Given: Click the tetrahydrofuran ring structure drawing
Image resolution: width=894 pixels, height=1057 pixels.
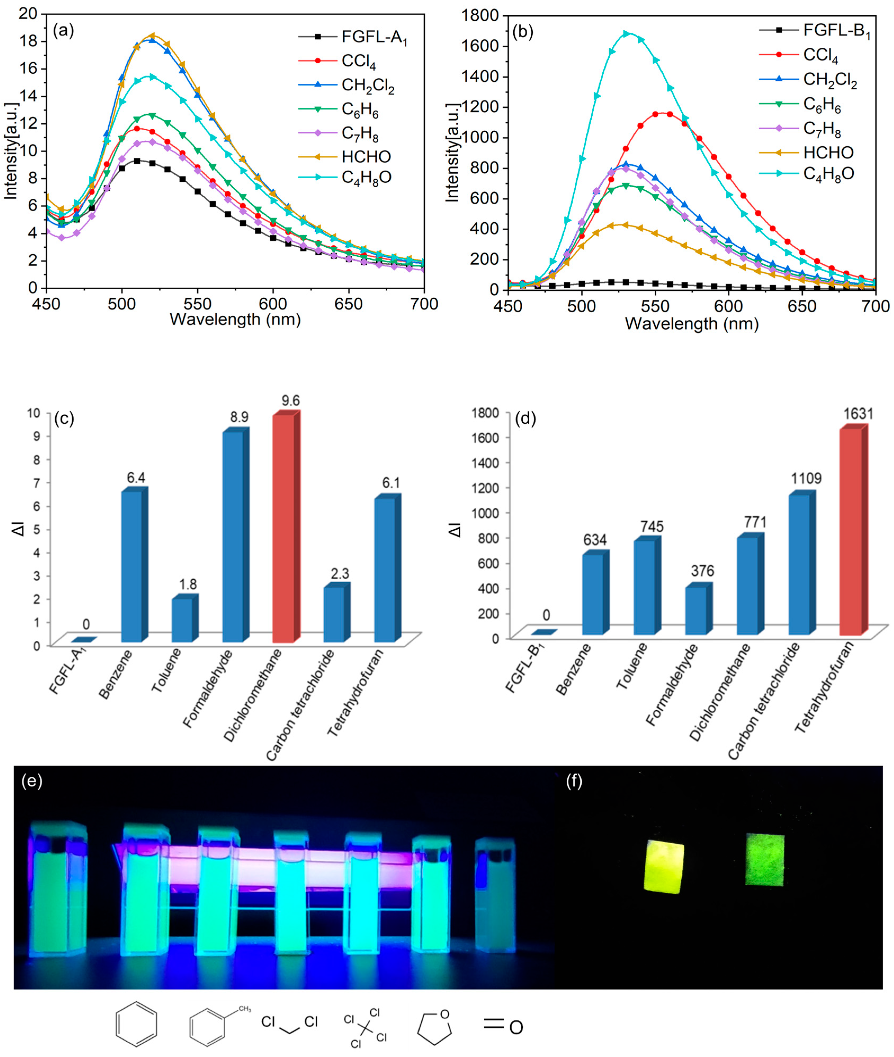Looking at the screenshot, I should click(435, 1026).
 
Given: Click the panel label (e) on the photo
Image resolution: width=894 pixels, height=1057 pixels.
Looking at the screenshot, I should click(32, 781).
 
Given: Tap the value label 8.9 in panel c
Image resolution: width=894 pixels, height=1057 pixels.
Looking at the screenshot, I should click(239, 417).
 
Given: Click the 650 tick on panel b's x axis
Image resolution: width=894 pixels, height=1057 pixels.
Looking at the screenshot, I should click(802, 306).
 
